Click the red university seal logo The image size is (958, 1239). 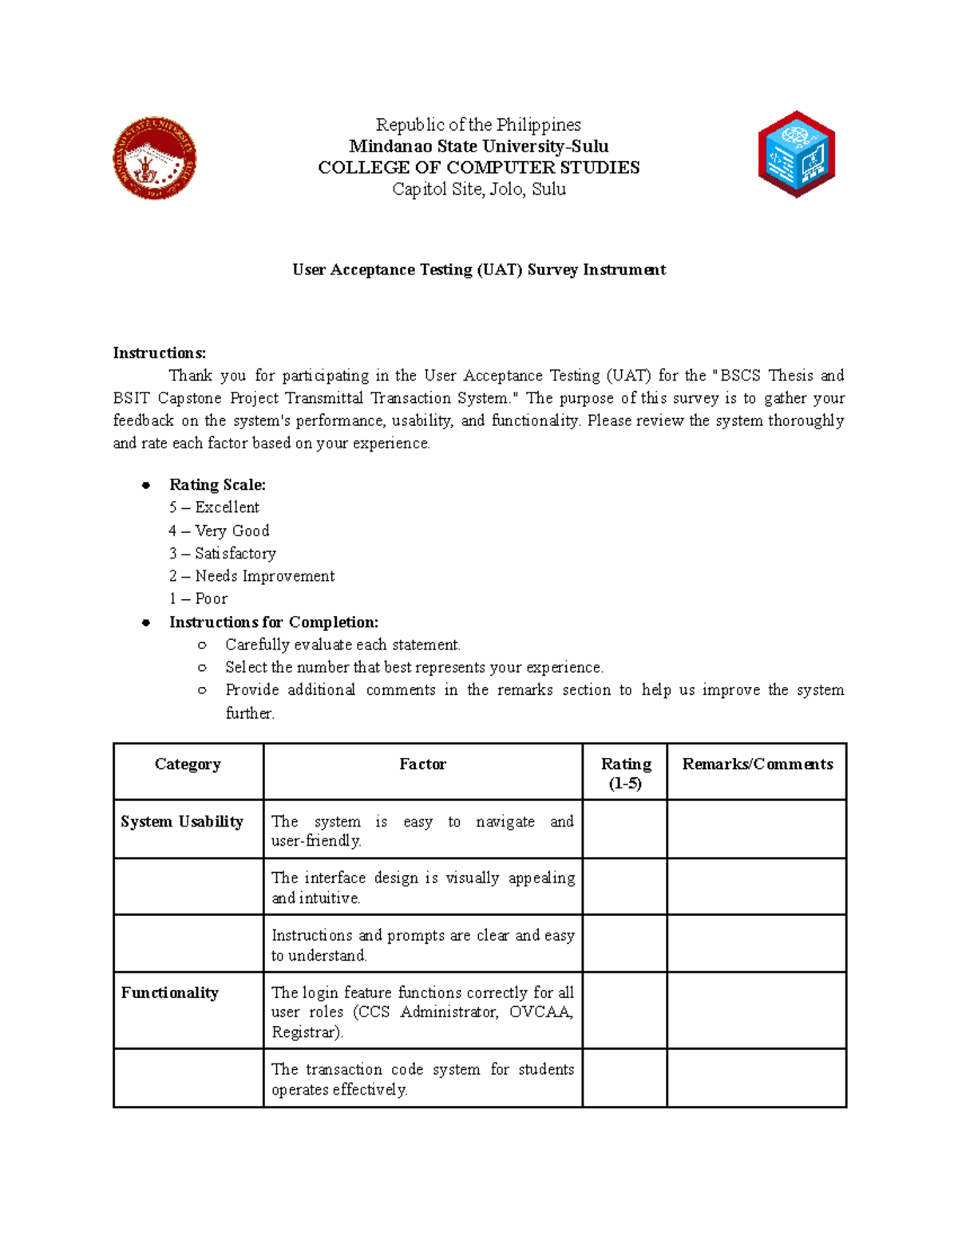(x=154, y=158)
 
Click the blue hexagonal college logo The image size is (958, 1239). (x=797, y=155)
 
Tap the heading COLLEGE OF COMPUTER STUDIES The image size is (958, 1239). (x=479, y=168)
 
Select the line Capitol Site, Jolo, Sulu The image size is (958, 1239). (x=479, y=189)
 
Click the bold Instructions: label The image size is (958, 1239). (x=160, y=353)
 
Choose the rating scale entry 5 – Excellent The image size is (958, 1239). (x=214, y=507)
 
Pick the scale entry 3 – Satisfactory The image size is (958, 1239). (x=223, y=553)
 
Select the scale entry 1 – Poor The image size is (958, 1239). (x=198, y=598)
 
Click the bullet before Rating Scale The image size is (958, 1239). (x=146, y=485)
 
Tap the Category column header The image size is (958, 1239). (x=188, y=764)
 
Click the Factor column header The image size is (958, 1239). (x=422, y=764)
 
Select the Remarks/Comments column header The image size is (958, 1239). (x=757, y=764)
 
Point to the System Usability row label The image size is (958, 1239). (x=182, y=822)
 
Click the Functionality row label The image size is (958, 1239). (x=169, y=992)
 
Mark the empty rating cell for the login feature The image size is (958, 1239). (x=624, y=1010)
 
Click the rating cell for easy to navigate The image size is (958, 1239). (x=624, y=829)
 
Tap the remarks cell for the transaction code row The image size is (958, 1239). (x=756, y=1078)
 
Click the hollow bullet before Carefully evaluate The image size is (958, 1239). (x=202, y=645)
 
